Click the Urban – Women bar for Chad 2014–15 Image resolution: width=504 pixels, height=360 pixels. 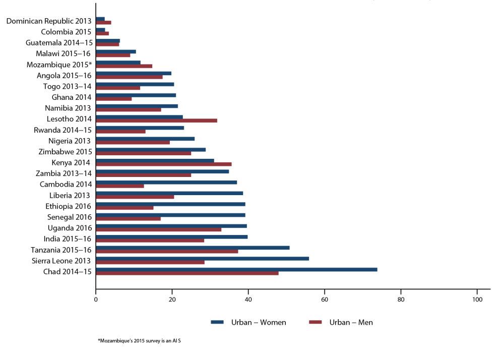tap(236, 270)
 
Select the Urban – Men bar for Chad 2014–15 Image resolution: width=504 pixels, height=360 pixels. tap(187, 273)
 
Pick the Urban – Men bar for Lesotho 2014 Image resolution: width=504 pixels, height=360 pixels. tap(156, 121)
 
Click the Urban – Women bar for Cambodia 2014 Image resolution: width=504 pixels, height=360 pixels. tap(166, 183)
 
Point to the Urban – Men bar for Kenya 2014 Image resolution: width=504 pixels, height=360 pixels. tap(163, 164)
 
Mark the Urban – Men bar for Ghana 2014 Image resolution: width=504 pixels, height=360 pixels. tap(113, 99)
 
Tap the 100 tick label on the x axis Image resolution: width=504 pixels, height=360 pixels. tap(477, 299)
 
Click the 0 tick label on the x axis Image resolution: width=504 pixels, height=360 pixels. tap(96, 299)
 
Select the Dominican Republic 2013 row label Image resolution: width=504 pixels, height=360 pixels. tap(49, 21)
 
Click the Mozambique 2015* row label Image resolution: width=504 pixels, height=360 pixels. tap(59, 65)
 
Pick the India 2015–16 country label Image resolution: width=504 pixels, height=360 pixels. tap(64, 238)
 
